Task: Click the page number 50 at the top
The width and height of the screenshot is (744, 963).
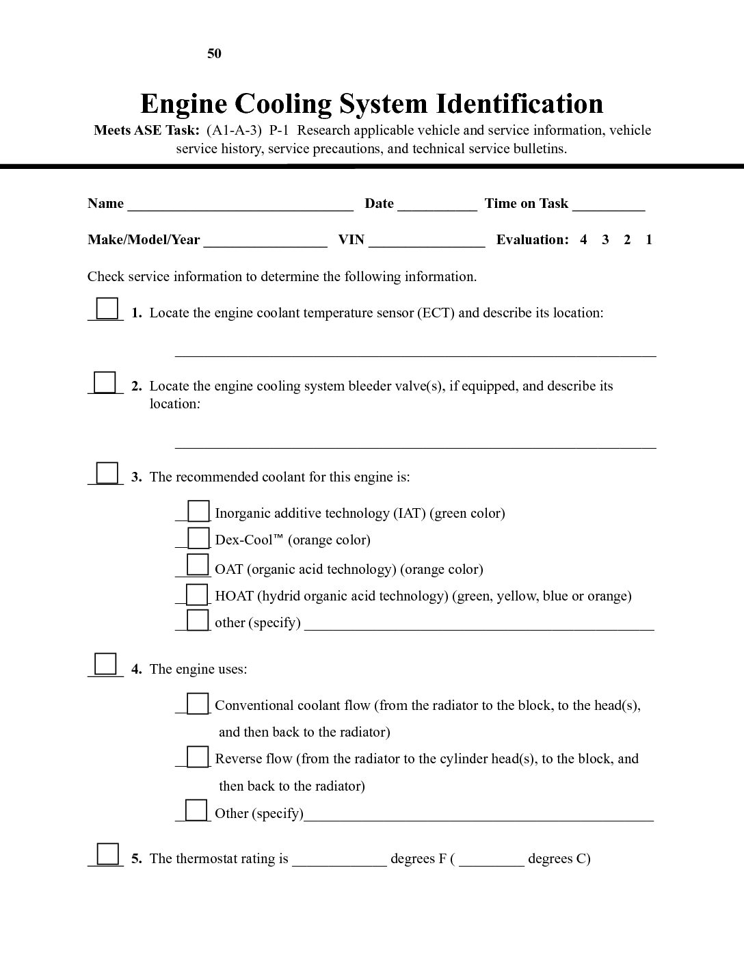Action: coord(214,54)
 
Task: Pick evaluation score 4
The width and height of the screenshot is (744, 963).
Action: coord(583,239)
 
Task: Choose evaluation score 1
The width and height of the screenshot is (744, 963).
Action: coord(649,239)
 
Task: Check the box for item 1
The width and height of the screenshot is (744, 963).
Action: coord(107,308)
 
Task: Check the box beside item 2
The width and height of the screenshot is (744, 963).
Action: coord(105,382)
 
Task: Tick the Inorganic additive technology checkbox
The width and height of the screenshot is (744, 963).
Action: coord(198,511)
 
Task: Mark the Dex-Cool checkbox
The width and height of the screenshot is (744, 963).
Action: coord(198,538)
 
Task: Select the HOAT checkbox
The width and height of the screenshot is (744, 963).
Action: coord(198,594)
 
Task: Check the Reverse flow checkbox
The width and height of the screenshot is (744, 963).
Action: coord(198,757)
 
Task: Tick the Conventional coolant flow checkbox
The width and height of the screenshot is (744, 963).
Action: coord(198,703)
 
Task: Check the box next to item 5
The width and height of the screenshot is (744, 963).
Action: coord(107,854)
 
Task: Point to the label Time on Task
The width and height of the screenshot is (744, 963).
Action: coord(526,203)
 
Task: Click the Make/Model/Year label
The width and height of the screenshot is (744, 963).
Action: coord(144,239)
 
